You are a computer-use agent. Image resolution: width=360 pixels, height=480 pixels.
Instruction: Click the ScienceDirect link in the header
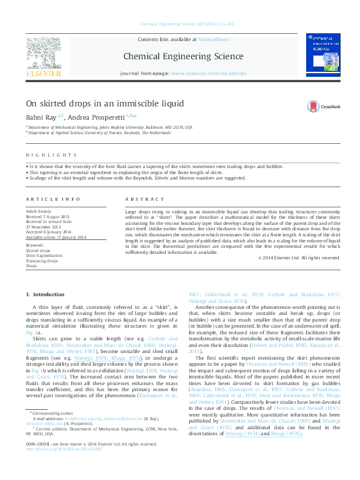coord(214,39)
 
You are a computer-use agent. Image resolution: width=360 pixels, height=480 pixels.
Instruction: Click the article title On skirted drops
coord(105,103)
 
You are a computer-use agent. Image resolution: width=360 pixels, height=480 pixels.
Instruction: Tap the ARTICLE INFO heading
coord(53,199)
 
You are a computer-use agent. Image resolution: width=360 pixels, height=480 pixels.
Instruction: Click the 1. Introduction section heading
coord(45,294)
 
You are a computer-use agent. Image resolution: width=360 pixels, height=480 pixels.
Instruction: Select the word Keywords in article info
coord(35,245)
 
